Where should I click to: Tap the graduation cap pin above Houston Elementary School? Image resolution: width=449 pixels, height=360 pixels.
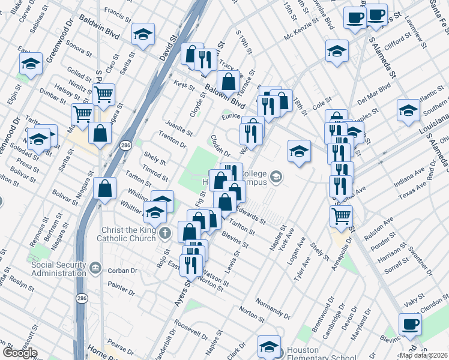[269, 346]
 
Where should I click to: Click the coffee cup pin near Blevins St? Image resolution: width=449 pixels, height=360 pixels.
[410, 324]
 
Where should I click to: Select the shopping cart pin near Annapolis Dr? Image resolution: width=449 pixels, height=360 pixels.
[341, 214]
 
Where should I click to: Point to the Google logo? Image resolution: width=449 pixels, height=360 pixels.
[20, 353]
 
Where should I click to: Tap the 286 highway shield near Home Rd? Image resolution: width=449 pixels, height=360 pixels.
[80, 298]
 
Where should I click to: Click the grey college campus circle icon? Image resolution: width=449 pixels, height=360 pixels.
[276, 176]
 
